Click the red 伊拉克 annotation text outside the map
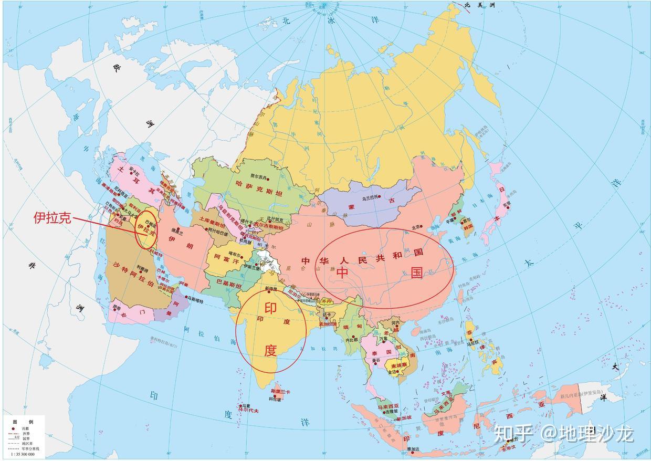coord(52,218)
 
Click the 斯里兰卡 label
coord(280,392)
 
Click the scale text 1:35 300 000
coord(23,454)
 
